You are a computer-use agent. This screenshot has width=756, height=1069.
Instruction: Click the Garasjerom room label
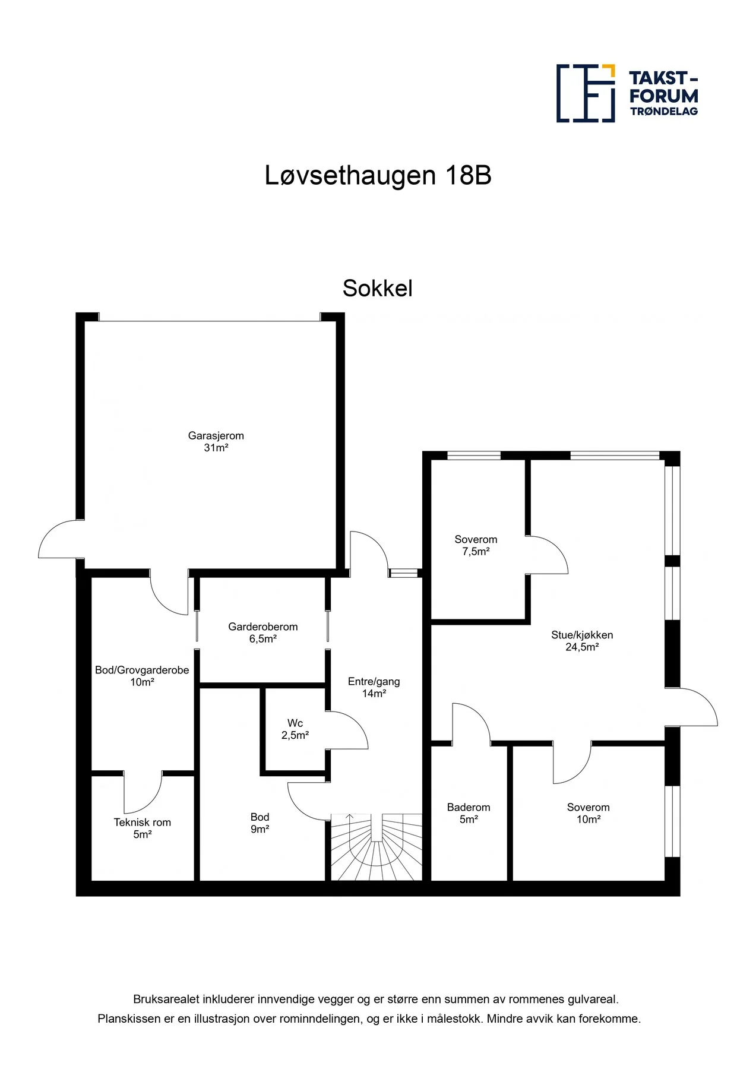click(216, 435)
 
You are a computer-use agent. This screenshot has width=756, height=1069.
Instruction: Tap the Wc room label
click(295, 723)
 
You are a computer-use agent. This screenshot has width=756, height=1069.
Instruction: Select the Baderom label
click(469, 807)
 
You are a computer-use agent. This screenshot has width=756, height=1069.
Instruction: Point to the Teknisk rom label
click(143, 823)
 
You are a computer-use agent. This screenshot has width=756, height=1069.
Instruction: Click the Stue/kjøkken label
click(582, 635)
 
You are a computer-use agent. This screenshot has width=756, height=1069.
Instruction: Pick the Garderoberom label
click(263, 627)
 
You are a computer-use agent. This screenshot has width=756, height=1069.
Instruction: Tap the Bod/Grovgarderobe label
click(142, 670)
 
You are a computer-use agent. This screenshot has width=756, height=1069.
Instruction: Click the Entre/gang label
click(374, 682)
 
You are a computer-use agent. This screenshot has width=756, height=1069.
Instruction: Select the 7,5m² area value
click(476, 552)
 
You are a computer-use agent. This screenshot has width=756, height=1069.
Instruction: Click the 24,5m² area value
click(582, 647)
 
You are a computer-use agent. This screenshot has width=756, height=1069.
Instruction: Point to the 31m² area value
click(216, 448)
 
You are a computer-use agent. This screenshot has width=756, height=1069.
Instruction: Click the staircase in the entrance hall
click(376, 847)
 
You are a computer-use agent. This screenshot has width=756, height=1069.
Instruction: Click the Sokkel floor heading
click(378, 288)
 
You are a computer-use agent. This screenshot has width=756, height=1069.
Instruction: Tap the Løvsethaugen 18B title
click(378, 175)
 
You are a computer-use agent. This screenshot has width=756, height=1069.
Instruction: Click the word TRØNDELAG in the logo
click(664, 111)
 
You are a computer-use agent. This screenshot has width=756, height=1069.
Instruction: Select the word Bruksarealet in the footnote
click(166, 1000)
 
